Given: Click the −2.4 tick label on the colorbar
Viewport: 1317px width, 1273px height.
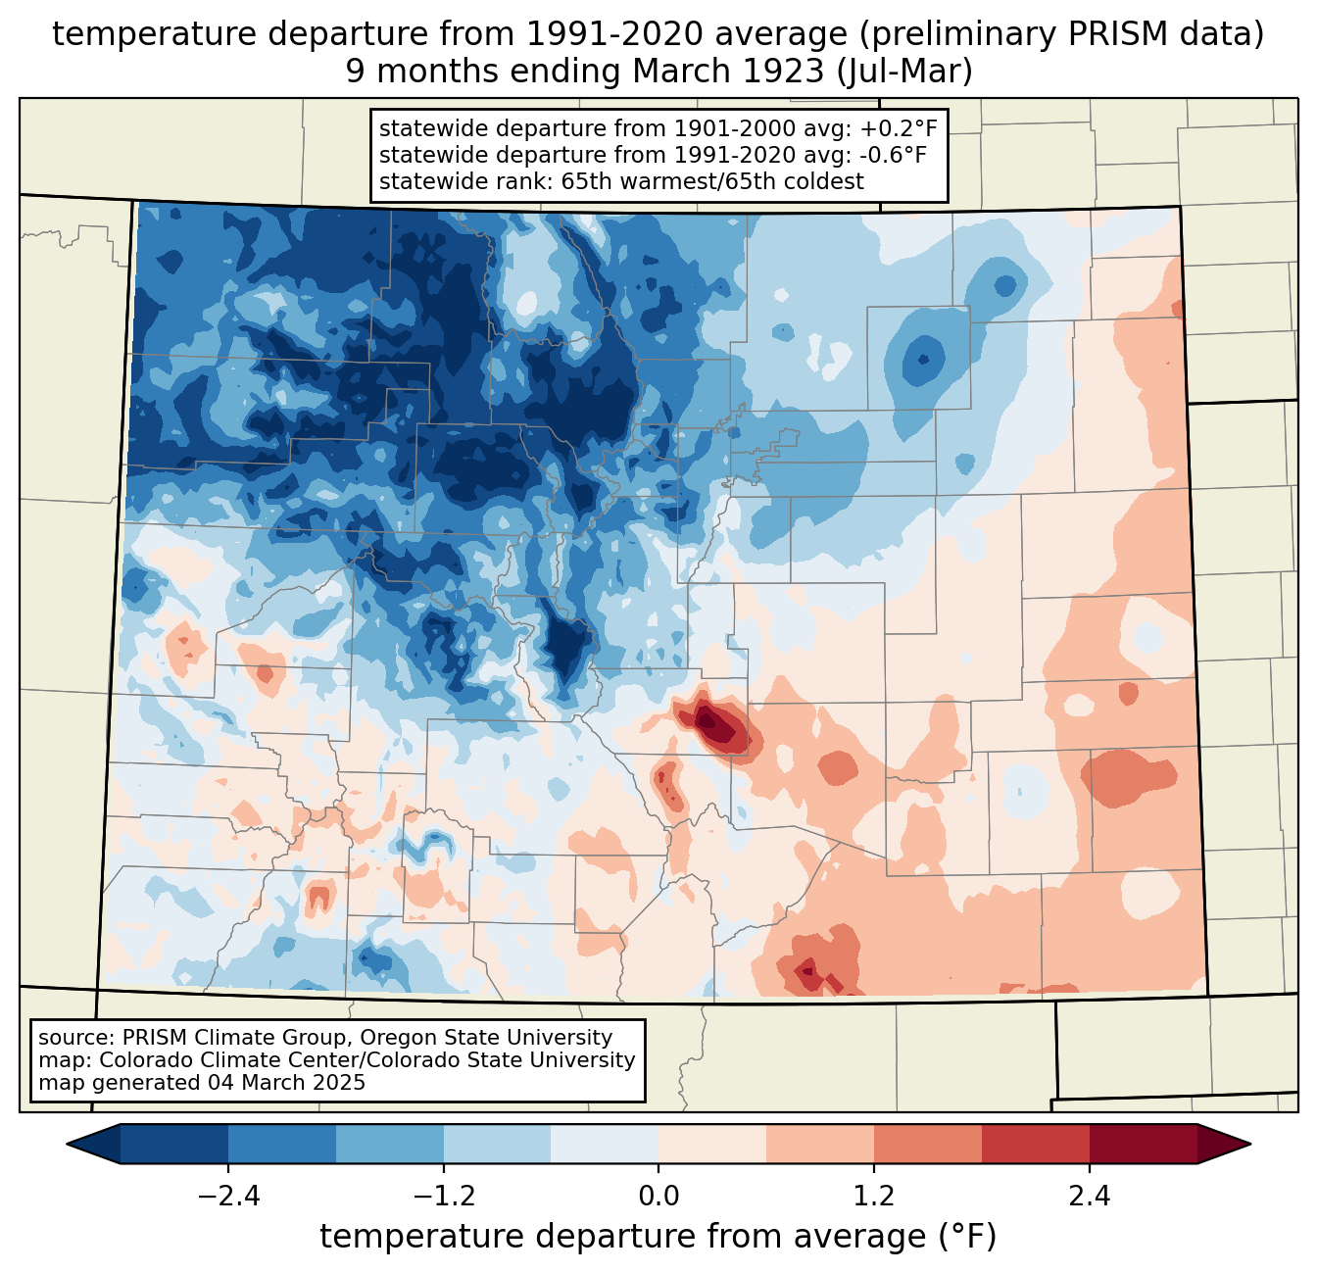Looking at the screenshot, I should tap(227, 1197).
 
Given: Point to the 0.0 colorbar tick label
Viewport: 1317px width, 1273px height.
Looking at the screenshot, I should tap(658, 1197).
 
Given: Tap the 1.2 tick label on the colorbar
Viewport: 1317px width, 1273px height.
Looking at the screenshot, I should tap(874, 1197).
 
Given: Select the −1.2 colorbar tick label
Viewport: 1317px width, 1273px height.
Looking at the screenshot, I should tap(443, 1197).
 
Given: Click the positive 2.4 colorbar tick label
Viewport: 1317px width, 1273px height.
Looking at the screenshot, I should tap(1089, 1197).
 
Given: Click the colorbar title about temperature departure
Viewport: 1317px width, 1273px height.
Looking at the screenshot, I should tap(658, 1237).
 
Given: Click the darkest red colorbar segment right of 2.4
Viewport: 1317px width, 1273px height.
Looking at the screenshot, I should tap(1143, 1144).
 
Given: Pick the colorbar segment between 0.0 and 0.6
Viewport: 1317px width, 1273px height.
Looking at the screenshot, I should tap(712, 1144).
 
